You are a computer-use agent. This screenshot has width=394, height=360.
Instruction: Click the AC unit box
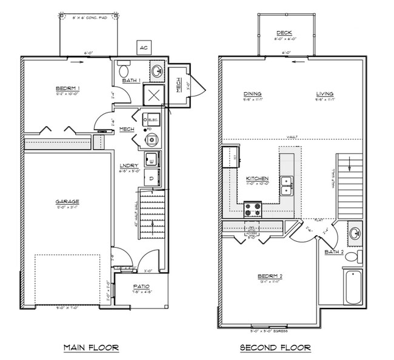(143, 47)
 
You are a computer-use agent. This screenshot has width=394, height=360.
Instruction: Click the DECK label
(284, 33)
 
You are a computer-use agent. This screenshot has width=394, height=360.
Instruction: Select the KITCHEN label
(257, 178)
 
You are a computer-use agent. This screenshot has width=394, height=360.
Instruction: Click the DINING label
(252, 93)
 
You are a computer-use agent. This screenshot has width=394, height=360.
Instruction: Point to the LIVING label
(325, 93)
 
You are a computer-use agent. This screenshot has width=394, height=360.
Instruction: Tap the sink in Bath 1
(156, 70)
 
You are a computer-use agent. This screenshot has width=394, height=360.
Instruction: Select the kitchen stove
(252, 210)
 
